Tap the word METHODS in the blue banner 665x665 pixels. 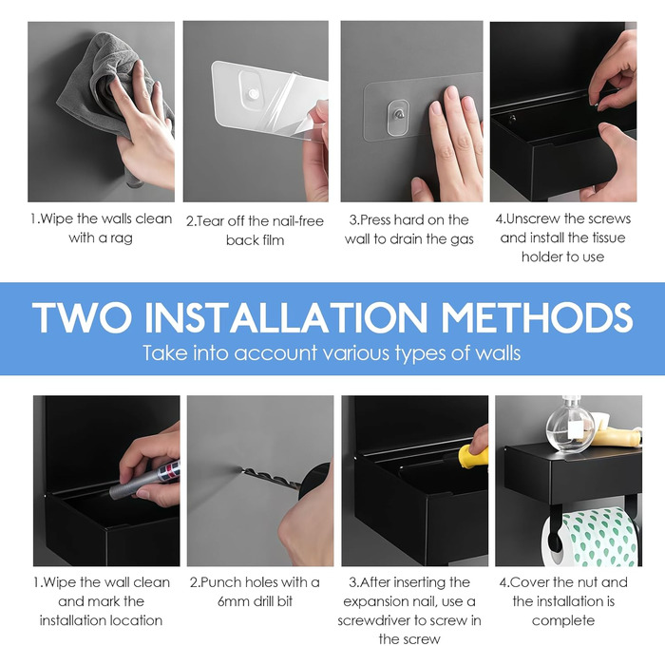tap(537, 317)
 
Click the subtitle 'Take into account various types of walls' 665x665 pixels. tap(332, 352)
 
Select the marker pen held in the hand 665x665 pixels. tap(144, 479)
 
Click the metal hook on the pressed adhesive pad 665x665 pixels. tap(398, 114)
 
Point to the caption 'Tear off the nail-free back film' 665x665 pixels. tap(255, 230)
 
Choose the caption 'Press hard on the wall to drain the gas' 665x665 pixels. tap(409, 230)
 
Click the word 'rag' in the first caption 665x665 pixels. tap(122, 238)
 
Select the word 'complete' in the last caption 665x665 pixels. tap(563, 621)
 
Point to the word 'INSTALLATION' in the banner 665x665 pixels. tap(287, 317)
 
